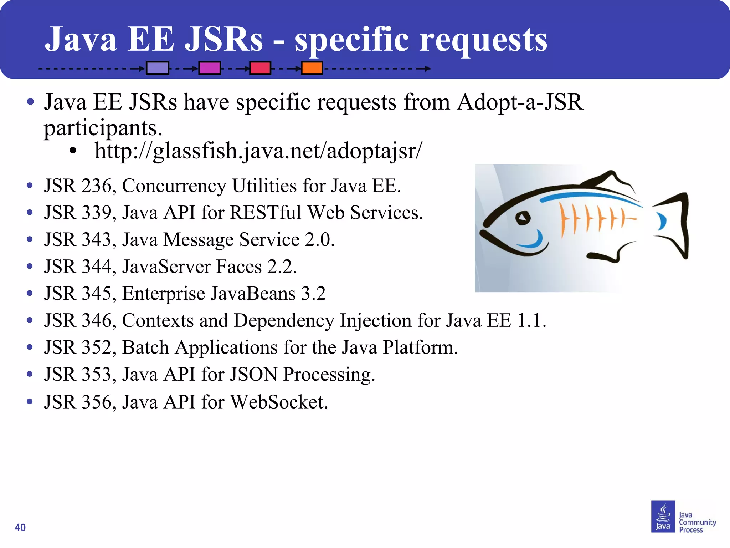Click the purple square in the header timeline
pyautogui.click(x=158, y=68)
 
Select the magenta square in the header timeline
pyautogui.click(x=210, y=68)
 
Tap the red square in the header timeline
pyautogui.click(x=260, y=68)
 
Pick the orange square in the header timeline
pyautogui.click(x=312, y=68)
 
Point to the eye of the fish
pyautogui.click(x=523, y=218)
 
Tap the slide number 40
pyautogui.click(x=20, y=527)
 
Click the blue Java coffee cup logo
pyautogui.click(x=663, y=516)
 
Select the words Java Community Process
pyautogui.click(x=697, y=522)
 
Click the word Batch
pyautogui.click(x=145, y=347)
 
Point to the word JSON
pyautogui.click(x=253, y=374)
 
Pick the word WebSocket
pyautogui.click(x=278, y=402)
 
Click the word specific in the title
pyautogui.click(x=351, y=40)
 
